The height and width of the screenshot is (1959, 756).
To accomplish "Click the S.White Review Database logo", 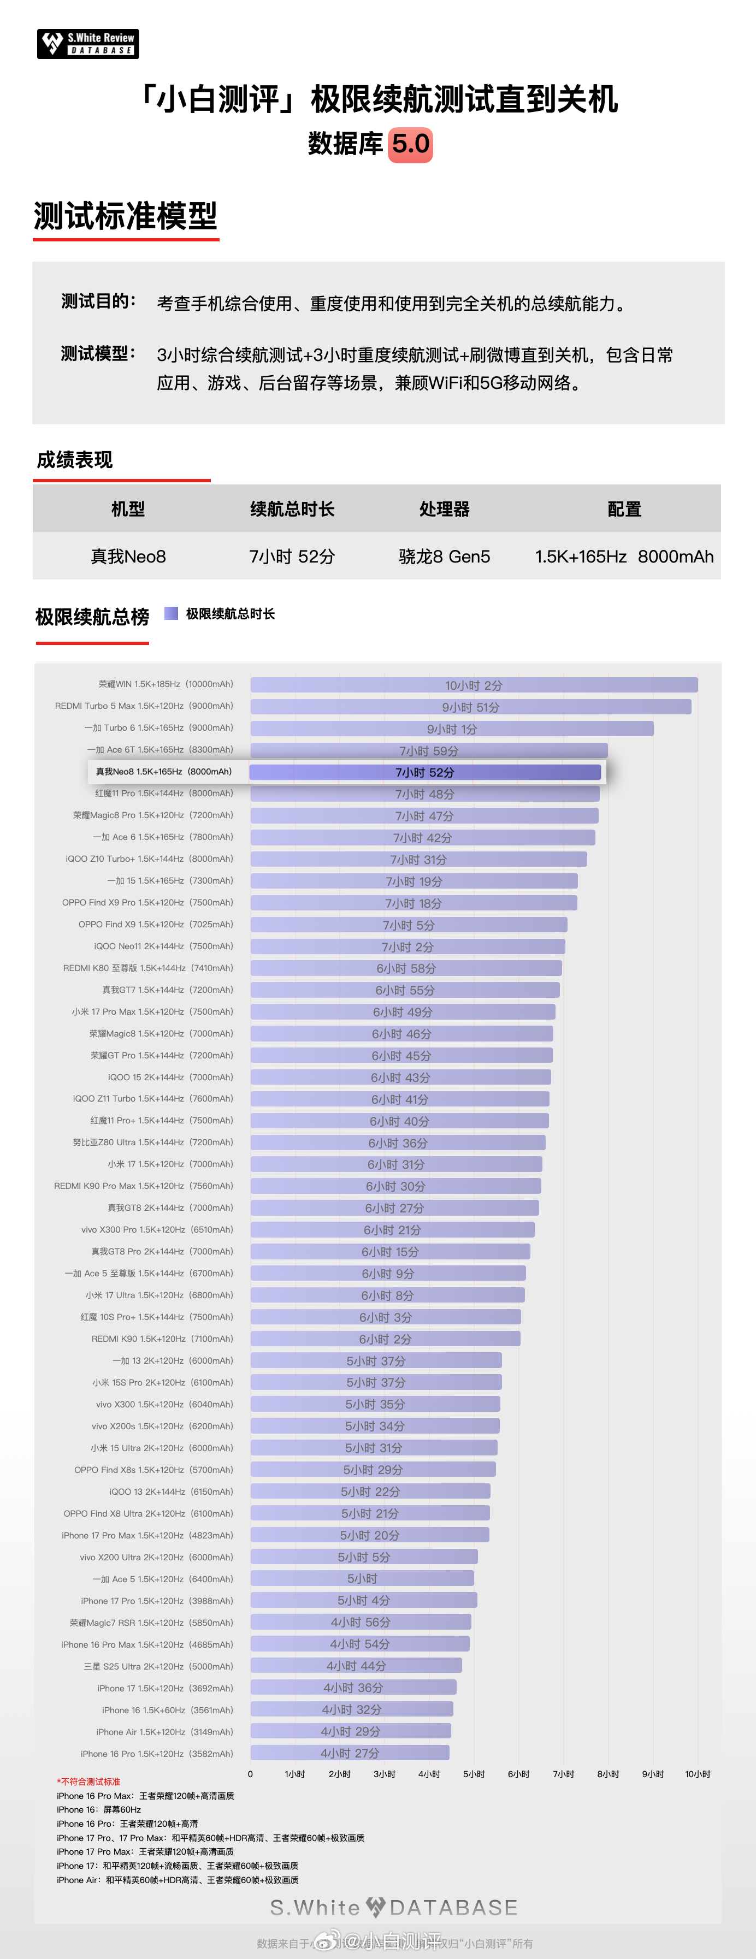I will point(87,43).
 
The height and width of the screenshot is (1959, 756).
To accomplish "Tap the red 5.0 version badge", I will point(411,144).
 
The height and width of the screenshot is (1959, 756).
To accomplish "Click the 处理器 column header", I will point(444,509).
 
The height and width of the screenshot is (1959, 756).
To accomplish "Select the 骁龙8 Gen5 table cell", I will point(444,557).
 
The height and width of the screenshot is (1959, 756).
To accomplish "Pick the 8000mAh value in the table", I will point(675,557).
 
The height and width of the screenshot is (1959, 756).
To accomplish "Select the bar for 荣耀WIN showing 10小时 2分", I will point(473,685).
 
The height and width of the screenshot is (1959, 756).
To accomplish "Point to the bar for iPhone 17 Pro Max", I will point(370,1535).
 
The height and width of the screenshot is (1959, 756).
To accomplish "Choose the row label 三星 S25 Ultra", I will point(158,1666).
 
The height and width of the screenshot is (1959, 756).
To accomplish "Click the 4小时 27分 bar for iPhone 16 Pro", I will point(350,1753).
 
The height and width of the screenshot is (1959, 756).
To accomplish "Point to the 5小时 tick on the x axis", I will point(473,1774).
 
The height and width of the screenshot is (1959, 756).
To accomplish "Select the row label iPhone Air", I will point(164,1732).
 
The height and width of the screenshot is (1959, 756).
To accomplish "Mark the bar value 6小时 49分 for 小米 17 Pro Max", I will point(403,1012).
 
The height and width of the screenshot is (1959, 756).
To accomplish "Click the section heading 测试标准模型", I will point(126,216).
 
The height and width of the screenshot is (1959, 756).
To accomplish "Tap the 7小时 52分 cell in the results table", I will point(292,557).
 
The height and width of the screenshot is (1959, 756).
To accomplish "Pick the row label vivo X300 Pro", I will point(157,1230).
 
